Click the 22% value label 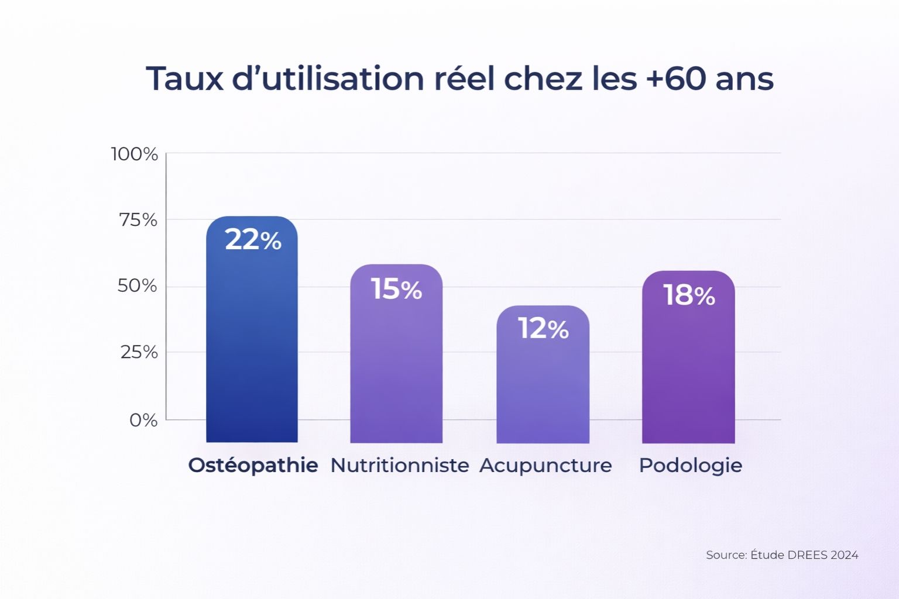point(253,240)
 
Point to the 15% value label point(396,289)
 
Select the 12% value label point(543,329)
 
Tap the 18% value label point(689,295)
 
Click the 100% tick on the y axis point(135,154)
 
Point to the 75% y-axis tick point(138,220)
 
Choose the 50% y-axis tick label point(138,286)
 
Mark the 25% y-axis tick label point(139,352)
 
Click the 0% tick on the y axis point(143,420)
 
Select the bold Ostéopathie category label point(253,466)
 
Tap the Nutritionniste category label point(400,466)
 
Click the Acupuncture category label point(545,466)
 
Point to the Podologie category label point(691,466)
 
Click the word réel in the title point(464,78)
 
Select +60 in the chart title point(675,78)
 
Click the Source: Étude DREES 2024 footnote point(782,555)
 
